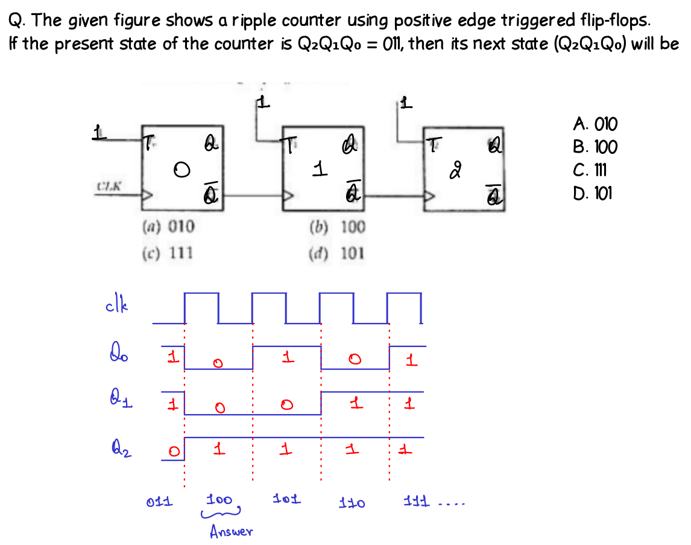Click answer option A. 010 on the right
(595, 125)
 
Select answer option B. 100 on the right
(595, 148)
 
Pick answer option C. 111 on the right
(593, 171)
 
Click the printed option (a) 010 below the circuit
(168, 227)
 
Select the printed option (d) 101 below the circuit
(337, 253)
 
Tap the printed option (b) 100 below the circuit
(337, 227)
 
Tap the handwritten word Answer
(231, 532)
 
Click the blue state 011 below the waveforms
(159, 501)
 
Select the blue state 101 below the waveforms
(286, 500)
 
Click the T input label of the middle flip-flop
(291, 145)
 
